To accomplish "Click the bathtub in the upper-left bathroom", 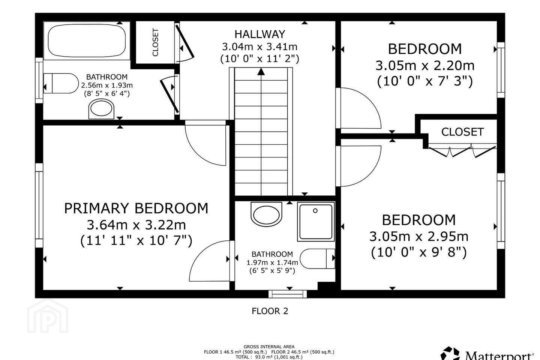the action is click(87, 40).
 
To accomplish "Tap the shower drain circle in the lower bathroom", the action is click(315, 211).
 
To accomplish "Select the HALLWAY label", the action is click(259, 34).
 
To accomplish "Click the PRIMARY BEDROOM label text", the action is click(136, 208).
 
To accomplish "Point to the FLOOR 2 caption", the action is click(270, 311).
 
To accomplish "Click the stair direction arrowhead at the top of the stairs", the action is click(261, 72).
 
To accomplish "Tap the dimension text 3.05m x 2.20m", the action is click(425, 66).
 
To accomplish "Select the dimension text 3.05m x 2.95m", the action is click(419, 237).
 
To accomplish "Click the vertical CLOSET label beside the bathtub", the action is click(156, 42).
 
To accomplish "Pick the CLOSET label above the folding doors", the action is click(462, 132).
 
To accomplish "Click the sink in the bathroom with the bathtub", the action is click(101, 109).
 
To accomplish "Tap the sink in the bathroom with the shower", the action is click(266, 214).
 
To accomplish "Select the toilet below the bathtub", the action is click(61, 83).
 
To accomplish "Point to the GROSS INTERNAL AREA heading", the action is click(269, 347).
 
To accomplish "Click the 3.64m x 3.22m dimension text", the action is click(136, 225).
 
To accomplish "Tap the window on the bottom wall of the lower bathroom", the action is click(288, 294).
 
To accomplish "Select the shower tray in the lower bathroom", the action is click(316, 222).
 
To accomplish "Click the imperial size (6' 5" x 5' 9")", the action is click(272, 271).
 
